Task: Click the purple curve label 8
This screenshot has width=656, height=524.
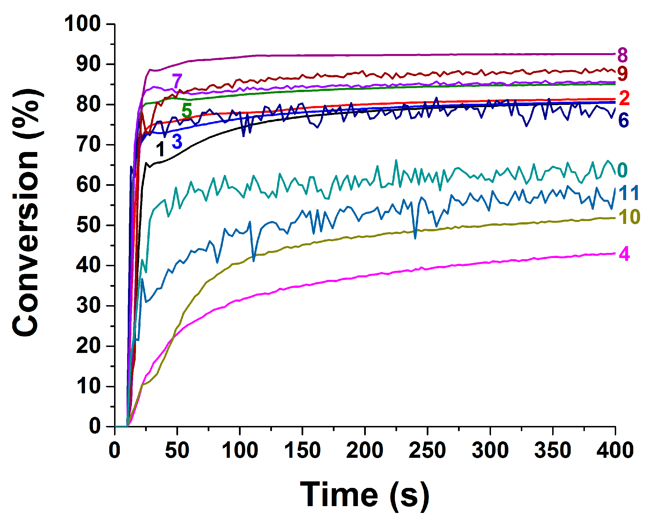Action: [622, 55]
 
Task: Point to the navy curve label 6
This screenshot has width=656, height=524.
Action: [624, 120]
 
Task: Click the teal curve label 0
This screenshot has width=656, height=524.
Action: [622, 170]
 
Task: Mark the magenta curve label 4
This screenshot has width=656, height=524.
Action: [624, 254]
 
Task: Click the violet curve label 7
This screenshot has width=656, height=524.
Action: [177, 81]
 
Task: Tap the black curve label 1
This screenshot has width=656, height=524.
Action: [160, 149]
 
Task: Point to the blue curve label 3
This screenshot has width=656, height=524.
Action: [177, 141]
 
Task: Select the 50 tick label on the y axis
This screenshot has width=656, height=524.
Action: [88, 225]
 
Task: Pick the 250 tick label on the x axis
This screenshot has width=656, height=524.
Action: [427, 450]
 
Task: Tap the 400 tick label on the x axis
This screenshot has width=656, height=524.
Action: [615, 450]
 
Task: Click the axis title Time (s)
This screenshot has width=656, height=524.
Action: [364, 495]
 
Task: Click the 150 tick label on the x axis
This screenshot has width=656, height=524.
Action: [302, 450]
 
